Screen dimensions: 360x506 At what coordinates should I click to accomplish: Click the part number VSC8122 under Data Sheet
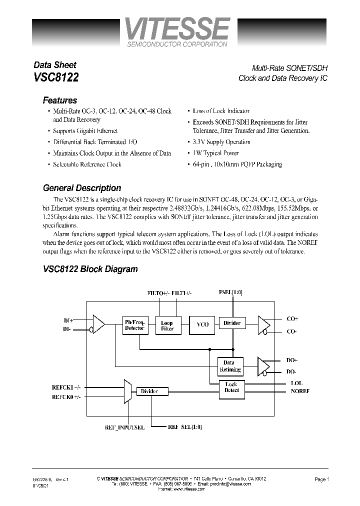[55, 77]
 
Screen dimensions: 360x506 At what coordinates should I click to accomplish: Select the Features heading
[60, 100]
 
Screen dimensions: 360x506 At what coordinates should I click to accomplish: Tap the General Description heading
[82, 188]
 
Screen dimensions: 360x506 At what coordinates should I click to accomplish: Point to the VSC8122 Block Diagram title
[90, 269]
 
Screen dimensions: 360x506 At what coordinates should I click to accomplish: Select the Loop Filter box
[167, 325]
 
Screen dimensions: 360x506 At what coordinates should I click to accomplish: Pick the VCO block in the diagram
[202, 324]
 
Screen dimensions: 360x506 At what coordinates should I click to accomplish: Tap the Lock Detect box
[231, 387]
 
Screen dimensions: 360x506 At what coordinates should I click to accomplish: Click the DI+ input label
[68, 319]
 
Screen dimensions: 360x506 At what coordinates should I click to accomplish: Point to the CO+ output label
[292, 318]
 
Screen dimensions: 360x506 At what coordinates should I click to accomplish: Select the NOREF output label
[300, 391]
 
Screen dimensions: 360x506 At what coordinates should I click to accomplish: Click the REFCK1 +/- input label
[65, 387]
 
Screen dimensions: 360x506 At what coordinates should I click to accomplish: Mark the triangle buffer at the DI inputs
[98, 324]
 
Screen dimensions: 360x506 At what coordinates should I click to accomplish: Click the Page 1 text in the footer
[321, 479]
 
